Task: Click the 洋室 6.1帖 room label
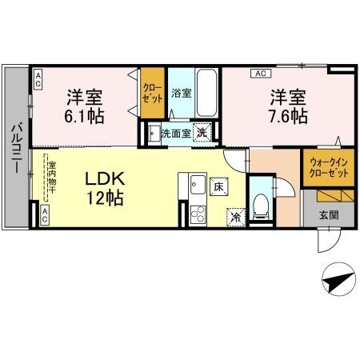[83, 106]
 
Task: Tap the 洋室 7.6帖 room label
[287, 106]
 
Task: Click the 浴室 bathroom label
[182, 93]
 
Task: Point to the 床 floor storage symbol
[218, 187]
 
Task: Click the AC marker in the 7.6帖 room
[259, 74]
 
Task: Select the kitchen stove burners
[196, 214]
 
